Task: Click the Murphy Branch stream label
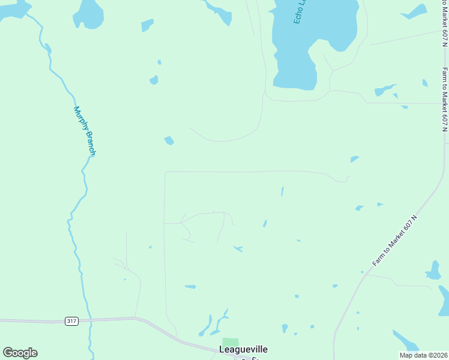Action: point(85,131)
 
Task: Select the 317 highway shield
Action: point(71,321)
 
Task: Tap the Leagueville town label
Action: point(243,349)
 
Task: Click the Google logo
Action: point(20,353)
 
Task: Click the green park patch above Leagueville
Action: point(231,341)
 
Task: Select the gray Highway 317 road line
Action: point(36,320)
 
